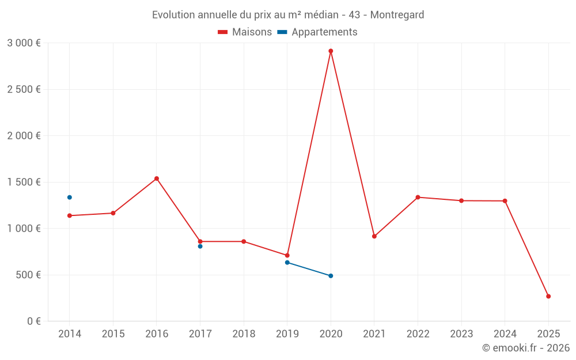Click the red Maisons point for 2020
[331, 51]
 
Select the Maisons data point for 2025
[548, 296]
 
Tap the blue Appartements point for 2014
[70, 198]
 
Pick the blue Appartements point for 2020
[331, 276]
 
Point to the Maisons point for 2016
[157, 179]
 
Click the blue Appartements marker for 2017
[200, 247]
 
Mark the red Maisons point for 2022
[418, 197]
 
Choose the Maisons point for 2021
[374, 236]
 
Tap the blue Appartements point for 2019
[287, 263]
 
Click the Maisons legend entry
[245, 32]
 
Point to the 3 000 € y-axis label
[24, 43]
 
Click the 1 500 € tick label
[24, 182]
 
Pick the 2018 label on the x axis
[244, 334]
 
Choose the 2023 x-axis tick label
[461, 334]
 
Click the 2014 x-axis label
[70, 334]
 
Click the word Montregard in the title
[397, 15]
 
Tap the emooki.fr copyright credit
[526, 348]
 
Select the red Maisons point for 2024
[505, 201]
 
